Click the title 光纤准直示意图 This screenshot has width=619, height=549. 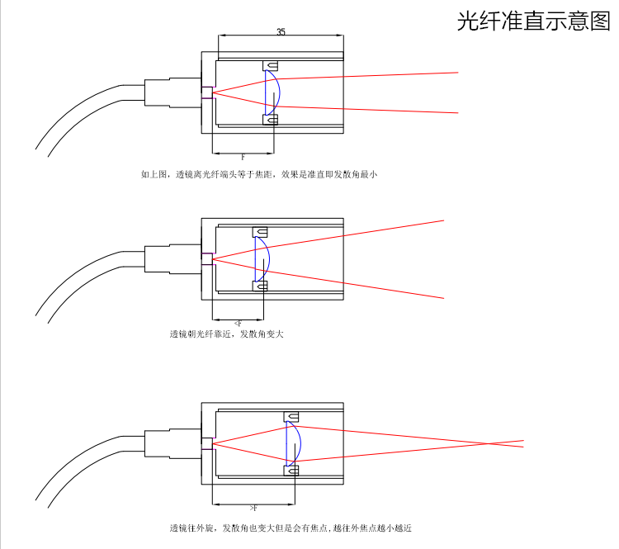pyautogui.click(x=533, y=21)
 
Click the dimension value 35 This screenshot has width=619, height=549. pyautogui.click(x=281, y=32)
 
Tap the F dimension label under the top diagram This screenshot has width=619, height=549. pyautogui.click(x=243, y=157)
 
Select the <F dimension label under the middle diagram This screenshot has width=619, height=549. pyautogui.click(x=239, y=324)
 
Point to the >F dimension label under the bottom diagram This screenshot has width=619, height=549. pyautogui.click(x=253, y=507)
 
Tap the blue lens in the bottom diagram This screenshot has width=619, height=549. pyautogui.click(x=293, y=443)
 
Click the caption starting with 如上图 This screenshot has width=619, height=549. pyautogui.click(x=258, y=174)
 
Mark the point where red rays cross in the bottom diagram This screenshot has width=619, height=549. pyautogui.click(x=505, y=443)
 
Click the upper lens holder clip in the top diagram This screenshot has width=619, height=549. pyautogui.click(x=270, y=65)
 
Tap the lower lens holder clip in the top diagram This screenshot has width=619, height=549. pyautogui.click(x=270, y=120)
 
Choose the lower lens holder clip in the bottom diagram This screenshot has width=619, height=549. pyautogui.click(x=291, y=471)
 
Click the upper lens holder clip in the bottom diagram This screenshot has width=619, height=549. pyautogui.click(x=291, y=415)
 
